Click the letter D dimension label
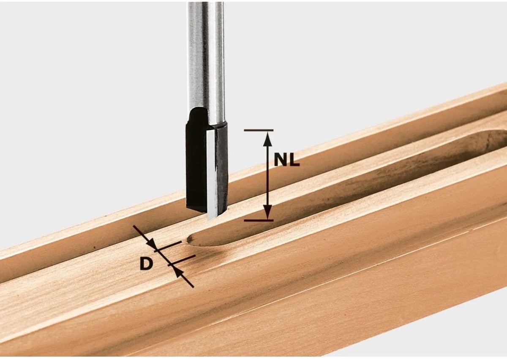coord(146,264)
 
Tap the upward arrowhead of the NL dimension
coord(268,139)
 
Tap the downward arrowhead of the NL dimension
coord(268,212)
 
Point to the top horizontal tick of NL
coord(259,131)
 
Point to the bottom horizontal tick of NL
coord(259,220)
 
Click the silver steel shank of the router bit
coord(205,57)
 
